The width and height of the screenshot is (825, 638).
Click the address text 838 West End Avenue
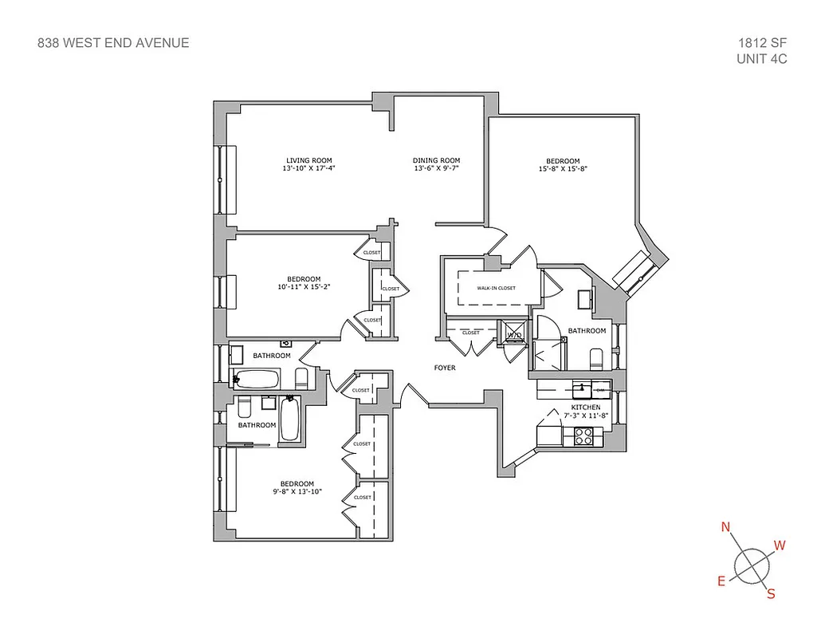(x=113, y=43)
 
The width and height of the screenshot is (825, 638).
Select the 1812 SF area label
(x=763, y=43)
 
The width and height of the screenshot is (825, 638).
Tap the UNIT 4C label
(x=762, y=59)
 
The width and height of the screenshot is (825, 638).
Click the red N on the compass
(x=725, y=527)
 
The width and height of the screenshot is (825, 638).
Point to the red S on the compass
(x=770, y=593)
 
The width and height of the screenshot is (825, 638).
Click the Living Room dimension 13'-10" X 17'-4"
(x=308, y=169)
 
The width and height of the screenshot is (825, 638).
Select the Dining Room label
(x=436, y=160)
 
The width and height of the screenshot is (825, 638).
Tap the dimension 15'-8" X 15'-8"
(x=564, y=169)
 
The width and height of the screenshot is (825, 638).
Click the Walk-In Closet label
(x=496, y=288)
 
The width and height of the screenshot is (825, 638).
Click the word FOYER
(x=444, y=368)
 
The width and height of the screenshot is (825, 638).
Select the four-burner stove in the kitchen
(x=583, y=436)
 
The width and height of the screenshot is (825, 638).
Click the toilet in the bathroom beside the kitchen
(x=596, y=356)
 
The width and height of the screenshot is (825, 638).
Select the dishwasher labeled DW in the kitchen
(x=600, y=390)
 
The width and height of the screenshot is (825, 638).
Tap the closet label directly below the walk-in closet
(x=470, y=333)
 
